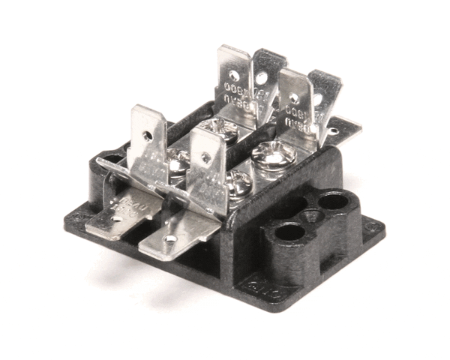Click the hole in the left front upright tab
pyautogui.click(x=150, y=136)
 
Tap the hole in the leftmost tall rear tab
pyautogui.click(x=235, y=76)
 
